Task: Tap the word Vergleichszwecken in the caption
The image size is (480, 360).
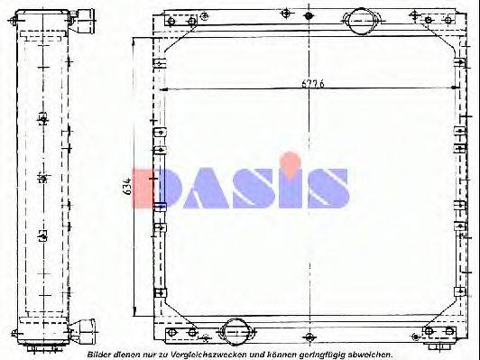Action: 208,353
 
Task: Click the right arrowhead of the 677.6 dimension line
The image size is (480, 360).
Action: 462,89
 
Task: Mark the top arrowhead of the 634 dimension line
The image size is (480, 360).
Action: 135,41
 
